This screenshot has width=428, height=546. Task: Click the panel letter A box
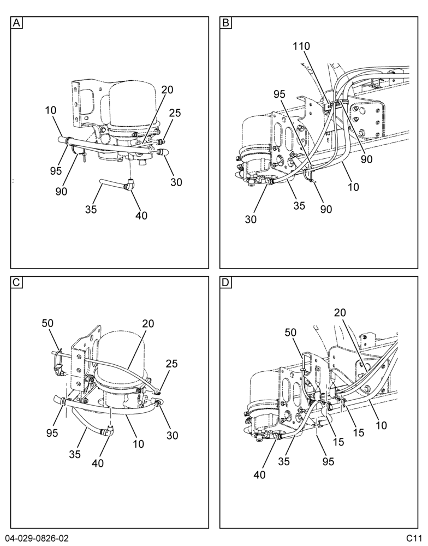click(x=16, y=23)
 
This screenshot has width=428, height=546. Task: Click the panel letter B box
click(x=225, y=23)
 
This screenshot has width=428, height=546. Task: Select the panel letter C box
click(x=16, y=282)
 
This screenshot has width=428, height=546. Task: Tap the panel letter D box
click(x=225, y=282)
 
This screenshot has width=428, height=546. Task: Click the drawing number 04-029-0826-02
click(x=37, y=538)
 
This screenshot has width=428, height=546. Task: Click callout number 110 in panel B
click(x=301, y=46)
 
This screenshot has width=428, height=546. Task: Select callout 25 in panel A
click(x=175, y=113)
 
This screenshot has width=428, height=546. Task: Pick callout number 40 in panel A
click(x=141, y=216)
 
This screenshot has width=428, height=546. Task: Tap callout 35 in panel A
click(x=91, y=209)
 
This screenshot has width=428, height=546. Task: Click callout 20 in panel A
click(x=167, y=90)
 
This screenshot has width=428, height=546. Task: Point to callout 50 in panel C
click(x=47, y=323)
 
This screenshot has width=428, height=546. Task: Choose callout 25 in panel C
click(x=171, y=364)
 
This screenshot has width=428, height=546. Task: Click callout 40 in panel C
click(x=98, y=463)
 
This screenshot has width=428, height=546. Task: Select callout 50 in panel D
click(x=290, y=333)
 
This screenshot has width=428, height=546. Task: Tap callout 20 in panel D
click(x=340, y=313)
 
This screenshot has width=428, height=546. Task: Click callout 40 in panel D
click(x=260, y=474)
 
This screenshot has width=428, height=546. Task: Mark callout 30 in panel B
click(x=251, y=219)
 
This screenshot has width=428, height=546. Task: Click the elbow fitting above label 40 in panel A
click(x=129, y=184)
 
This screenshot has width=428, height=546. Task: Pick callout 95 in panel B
click(x=280, y=94)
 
